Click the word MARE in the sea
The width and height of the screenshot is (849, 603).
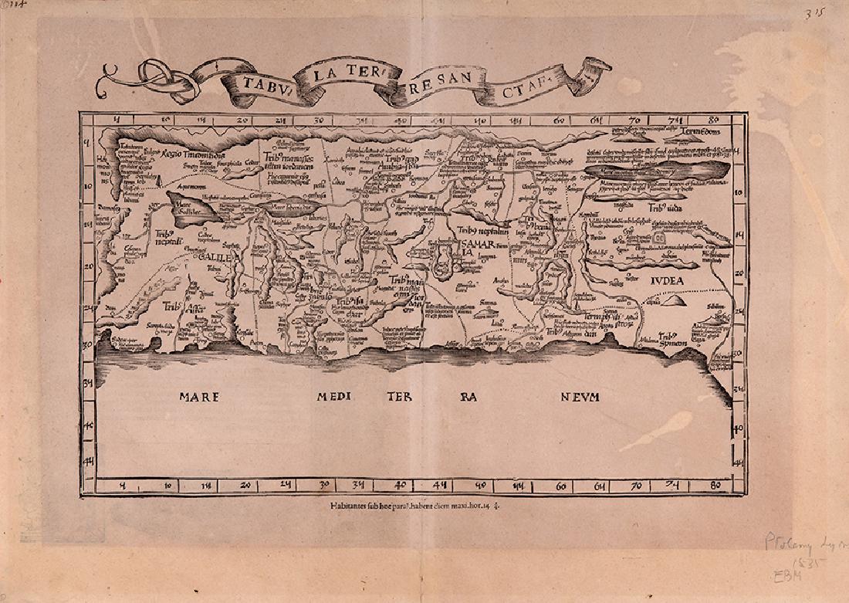click(x=200, y=397)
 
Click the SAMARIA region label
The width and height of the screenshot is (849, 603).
click(x=472, y=248)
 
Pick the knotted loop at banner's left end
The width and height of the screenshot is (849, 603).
click(x=161, y=74)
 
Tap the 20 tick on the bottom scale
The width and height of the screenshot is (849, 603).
click(x=245, y=486)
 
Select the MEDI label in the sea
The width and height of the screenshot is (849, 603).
click(x=333, y=397)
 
